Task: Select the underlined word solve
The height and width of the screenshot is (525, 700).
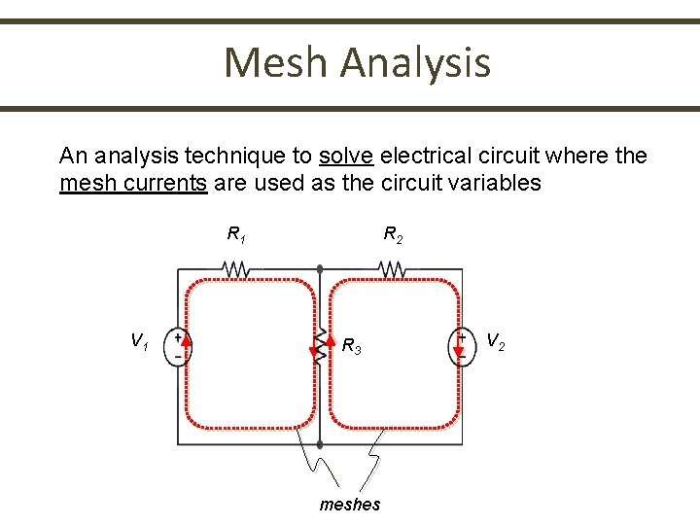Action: [x=346, y=156]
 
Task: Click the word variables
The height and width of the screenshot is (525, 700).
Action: [x=491, y=183]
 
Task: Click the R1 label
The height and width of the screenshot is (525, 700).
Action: [x=235, y=234]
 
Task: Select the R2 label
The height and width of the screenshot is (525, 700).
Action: [x=393, y=234]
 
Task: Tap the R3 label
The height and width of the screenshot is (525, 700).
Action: [x=352, y=346]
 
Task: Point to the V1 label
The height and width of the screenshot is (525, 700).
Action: [x=140, y=340]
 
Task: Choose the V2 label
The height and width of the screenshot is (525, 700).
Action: [x=495, y=340]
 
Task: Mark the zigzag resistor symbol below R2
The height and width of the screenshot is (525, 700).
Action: [x=391, y=267]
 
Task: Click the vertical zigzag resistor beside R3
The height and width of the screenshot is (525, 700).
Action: [x=320, y=342]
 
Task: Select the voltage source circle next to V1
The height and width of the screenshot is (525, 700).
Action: [x=179, y=347]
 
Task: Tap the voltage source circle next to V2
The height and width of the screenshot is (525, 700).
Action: [x=462, y=347]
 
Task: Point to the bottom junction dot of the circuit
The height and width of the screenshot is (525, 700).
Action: [x=320, y=445]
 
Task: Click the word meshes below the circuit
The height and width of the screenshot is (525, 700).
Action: [x=350, y=504]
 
